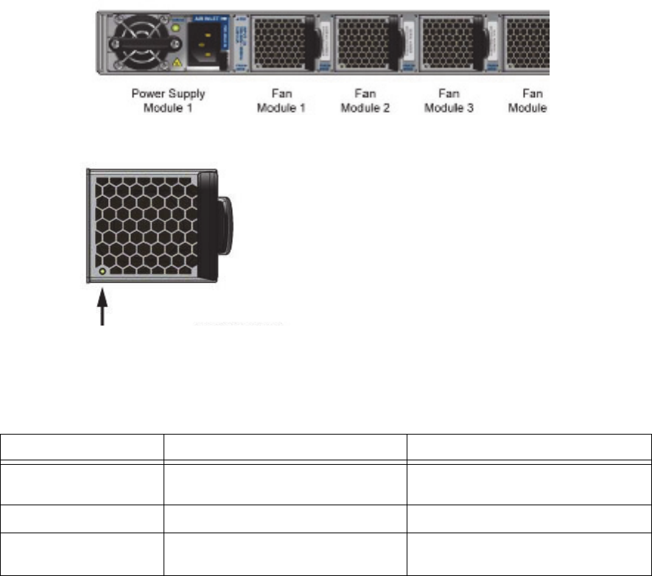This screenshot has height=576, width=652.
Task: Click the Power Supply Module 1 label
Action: point(168,101)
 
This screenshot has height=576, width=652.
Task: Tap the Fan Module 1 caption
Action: point(281,101)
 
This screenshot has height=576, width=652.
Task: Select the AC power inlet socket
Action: point(210,44)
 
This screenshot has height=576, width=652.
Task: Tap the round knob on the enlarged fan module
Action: point(228,225)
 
